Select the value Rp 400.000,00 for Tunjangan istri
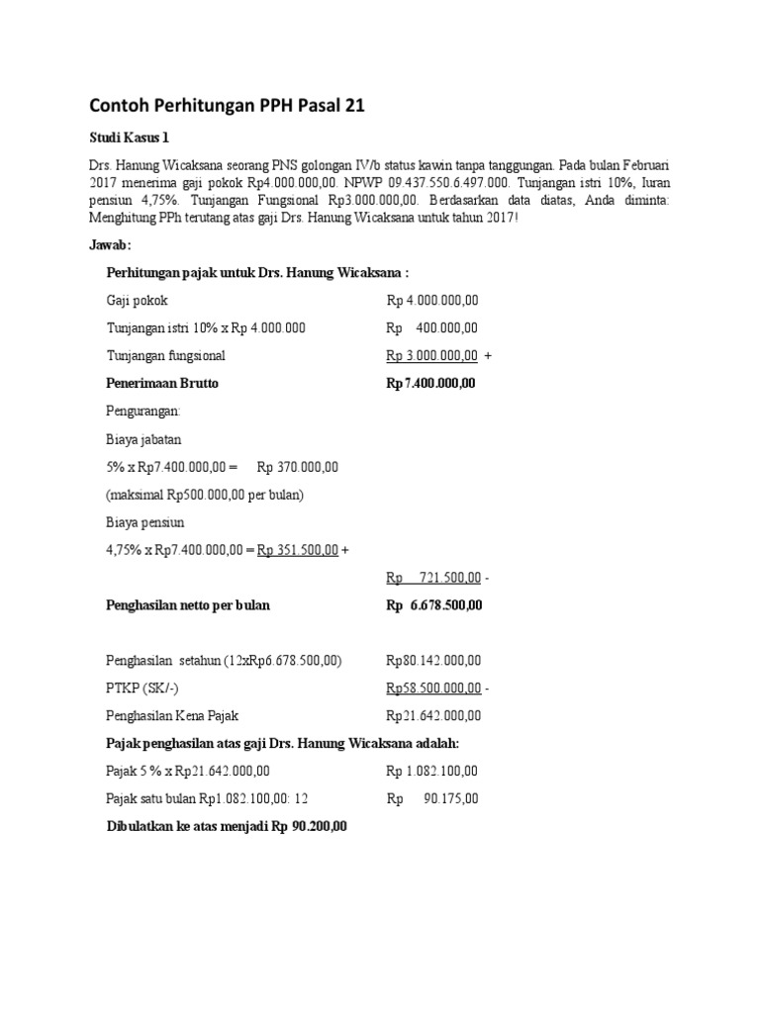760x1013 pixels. [432, 328]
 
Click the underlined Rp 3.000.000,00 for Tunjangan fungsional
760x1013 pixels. [432, 356]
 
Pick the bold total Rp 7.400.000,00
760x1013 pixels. [430, 383]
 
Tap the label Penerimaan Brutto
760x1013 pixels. [162, 383]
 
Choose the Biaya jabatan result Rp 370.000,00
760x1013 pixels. [298, 466]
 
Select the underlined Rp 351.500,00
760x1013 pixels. [298, 549]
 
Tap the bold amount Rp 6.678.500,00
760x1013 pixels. [433, 604]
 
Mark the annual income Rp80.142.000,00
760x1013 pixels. [433, 660]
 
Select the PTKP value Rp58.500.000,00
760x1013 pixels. [433, 688]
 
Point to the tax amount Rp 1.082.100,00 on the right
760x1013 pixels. [432, 771]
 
